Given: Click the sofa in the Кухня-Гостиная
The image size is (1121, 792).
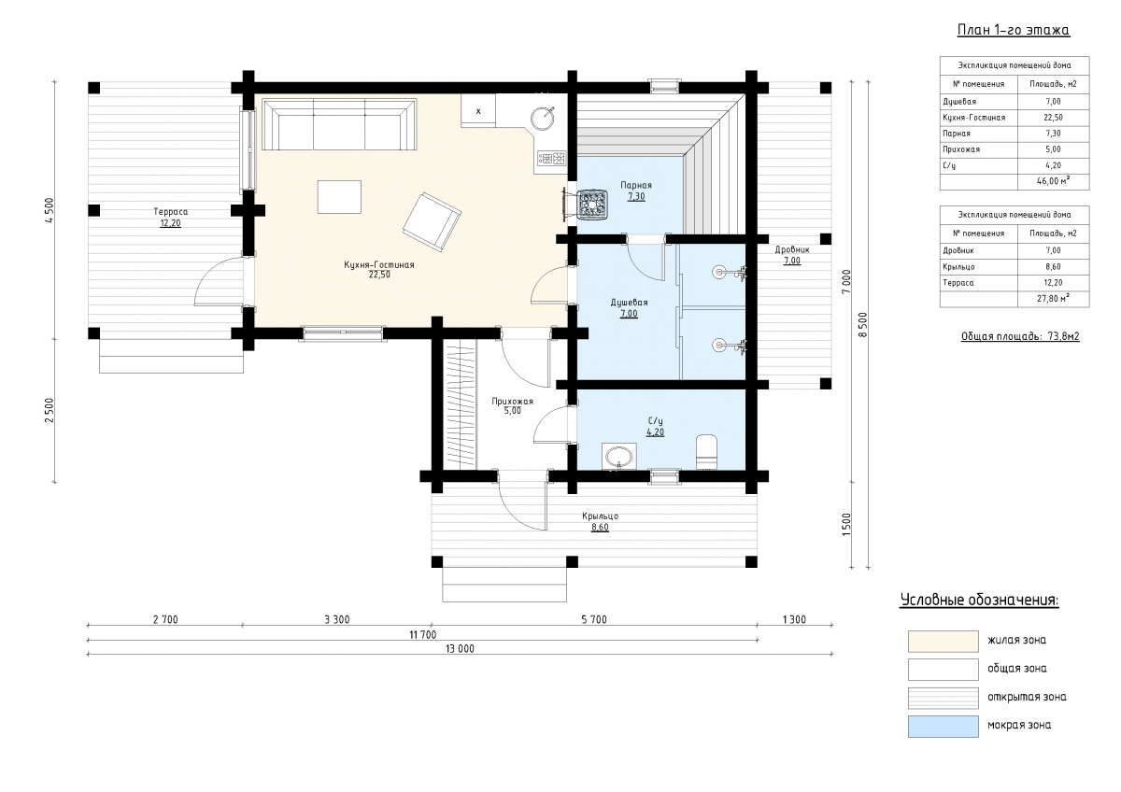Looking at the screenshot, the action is click(339, 124).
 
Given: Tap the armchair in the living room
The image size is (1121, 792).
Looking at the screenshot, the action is click(432, 221).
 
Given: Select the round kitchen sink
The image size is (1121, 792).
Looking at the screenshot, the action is click(542, 118).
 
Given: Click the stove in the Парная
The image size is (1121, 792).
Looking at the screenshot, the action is click(592, 205).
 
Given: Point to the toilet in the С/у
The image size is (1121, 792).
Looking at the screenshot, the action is click(706, 452).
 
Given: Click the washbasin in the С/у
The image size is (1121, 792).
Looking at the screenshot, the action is click(619, 457).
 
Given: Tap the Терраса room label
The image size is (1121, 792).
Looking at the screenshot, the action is click(171, 212).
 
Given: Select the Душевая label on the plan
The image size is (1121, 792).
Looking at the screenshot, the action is click(629, 303).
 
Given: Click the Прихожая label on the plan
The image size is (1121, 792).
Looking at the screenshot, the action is click(513, 402).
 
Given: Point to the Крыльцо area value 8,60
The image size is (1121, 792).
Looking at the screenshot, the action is click(600, 528).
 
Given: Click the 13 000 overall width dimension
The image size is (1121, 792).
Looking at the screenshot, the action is click(460, 648).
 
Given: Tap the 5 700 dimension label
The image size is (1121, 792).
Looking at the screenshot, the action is click(594, 619).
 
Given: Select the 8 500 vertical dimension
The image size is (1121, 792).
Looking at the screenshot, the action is click(862, 325).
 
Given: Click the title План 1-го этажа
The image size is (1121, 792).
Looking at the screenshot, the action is click(1014, 30).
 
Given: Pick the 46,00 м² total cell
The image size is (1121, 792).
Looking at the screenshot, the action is click(1053, 181).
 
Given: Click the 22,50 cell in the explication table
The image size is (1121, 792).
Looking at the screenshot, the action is click(1053, 118).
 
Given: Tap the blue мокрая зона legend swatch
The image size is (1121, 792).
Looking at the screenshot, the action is click(944, 727).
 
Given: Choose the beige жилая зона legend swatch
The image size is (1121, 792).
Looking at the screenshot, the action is click(944, 642).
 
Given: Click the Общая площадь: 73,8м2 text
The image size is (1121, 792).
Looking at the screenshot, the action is click(1020, 336).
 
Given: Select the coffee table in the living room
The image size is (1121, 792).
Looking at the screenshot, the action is click(339, 197).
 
